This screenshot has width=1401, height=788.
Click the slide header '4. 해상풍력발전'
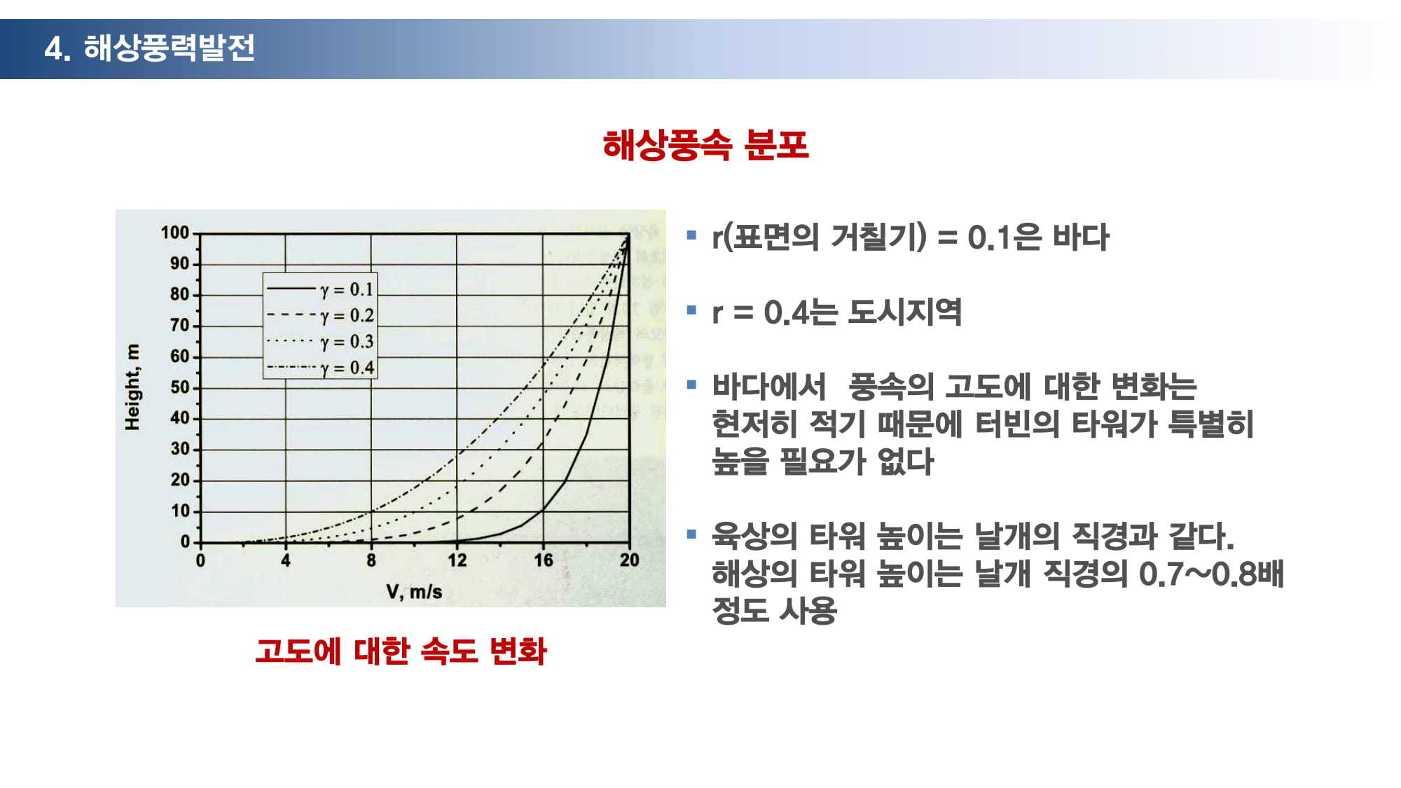pos(149,48)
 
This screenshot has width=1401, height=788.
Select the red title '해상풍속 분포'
pos(705,146)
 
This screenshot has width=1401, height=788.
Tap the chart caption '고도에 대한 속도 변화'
pos(401,651)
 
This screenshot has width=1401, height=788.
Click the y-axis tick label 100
pos(175,233)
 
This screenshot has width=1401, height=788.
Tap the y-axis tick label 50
pos(180,387)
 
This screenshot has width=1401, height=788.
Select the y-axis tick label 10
pos(180,511)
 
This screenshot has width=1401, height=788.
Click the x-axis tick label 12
pos(457,560)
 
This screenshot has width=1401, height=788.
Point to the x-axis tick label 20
pos(629,560)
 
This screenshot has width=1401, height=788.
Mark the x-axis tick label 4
pos(286,560)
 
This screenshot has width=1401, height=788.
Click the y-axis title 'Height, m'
pos(132,387)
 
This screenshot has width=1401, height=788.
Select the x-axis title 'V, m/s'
pos(414,592)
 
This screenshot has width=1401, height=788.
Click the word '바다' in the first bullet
pos(1081,237)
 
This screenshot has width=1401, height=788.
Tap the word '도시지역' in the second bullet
pos(904,312)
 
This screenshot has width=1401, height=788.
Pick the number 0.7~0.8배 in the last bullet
pos(1211,574)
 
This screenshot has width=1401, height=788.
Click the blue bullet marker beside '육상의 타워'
pos(692,534)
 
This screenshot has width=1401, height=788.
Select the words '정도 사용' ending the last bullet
pos(774,610)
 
